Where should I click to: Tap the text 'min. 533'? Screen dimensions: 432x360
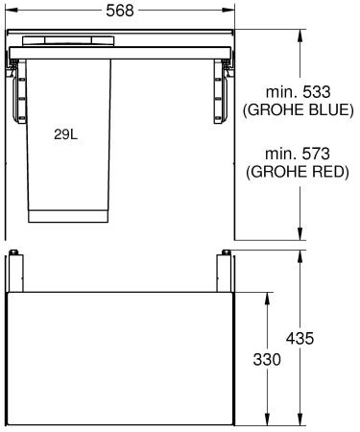tap(299, 92)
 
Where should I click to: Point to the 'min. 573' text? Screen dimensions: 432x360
tap(299, 155)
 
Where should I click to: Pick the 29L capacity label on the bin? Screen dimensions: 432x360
tap(66, 135)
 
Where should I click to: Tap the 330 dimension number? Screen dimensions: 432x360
tap(269, 359)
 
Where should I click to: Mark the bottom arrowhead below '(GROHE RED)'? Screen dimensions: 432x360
tap(301, 235)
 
